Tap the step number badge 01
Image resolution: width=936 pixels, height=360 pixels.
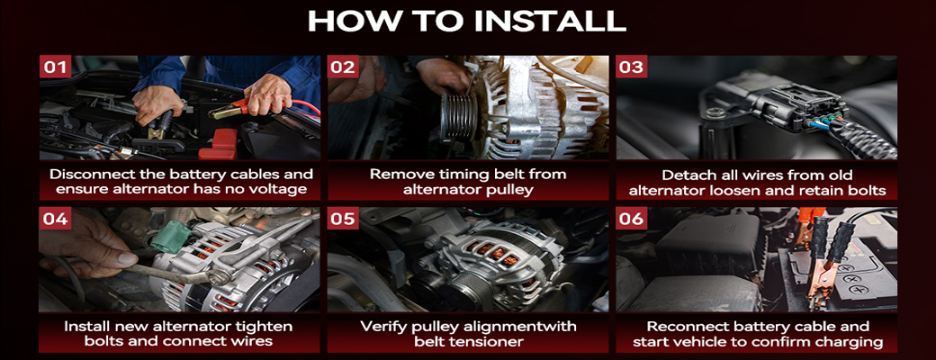55,67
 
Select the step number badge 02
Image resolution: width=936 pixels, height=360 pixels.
343,67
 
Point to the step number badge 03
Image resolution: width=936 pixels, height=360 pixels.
632,67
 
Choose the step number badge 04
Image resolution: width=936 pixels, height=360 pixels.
55,219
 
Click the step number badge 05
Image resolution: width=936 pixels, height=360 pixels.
343,219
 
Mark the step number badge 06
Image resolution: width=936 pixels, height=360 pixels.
632,219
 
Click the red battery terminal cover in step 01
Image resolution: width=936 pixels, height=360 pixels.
218,144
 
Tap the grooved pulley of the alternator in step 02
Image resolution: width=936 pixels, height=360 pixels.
459,115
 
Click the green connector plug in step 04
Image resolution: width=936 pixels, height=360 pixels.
171,237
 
